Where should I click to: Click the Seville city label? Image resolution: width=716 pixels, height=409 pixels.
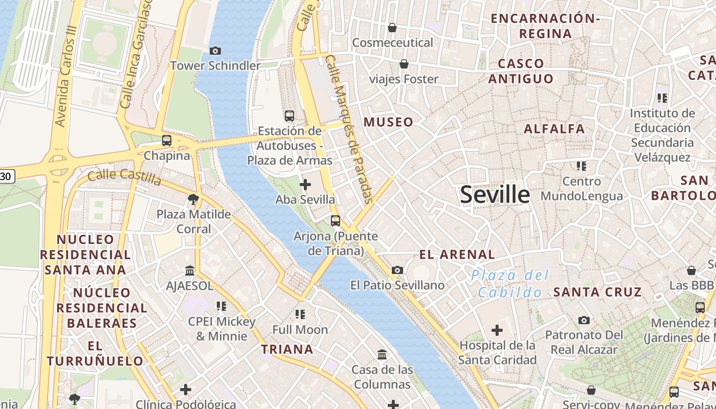pos(495,195)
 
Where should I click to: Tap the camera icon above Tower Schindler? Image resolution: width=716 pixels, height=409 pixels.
pos(215,51)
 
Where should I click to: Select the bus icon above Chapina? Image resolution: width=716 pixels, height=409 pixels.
pos(167,141)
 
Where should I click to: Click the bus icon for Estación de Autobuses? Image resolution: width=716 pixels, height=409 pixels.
pos(289,116)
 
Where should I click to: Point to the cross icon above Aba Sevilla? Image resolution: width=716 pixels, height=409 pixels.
pos(305,184)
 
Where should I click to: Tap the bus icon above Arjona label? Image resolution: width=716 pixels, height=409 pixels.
pos(335,221)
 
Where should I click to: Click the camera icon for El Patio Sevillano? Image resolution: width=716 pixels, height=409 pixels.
pos(397,270)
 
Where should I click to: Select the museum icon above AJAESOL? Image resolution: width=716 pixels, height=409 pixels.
pos(190,270)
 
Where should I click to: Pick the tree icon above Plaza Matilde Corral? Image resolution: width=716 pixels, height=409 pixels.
pos(193,199)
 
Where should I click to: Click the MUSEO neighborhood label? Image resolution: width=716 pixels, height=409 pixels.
pos(388,122)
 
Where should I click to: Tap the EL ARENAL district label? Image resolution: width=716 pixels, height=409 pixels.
pos(457,255)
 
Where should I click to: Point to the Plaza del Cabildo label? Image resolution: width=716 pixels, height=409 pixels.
pos(510,284)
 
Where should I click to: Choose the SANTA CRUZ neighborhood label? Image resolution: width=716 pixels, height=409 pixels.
pos(597,292)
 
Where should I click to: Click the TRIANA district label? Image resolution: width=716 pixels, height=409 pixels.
pos(287,350)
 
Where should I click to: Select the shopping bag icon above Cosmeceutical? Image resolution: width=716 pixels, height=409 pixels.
pos(392,28)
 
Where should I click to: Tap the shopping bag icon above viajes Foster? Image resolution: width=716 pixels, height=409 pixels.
pos(404,64)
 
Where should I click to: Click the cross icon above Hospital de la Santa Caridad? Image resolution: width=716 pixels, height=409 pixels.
pos(497,330)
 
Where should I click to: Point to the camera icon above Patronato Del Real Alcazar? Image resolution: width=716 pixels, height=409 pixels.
pos(584,321)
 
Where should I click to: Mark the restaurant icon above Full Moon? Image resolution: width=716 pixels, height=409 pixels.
pos(300,314)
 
